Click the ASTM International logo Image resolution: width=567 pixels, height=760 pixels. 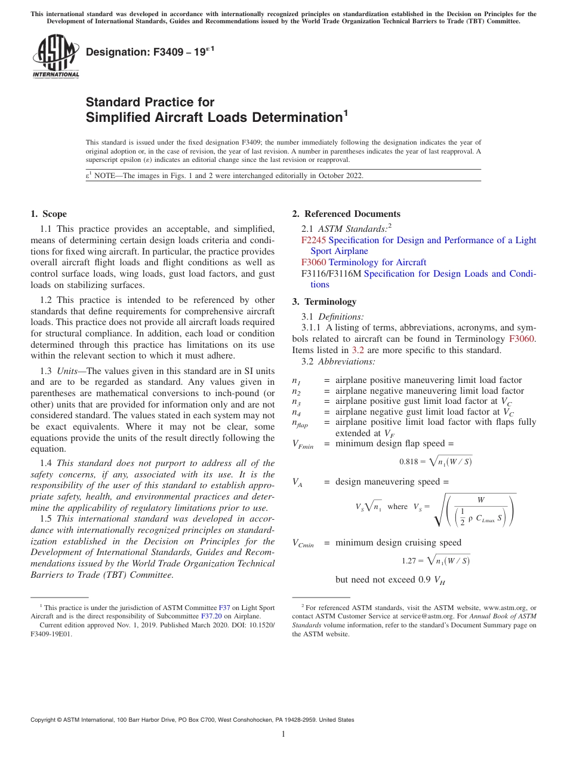56,56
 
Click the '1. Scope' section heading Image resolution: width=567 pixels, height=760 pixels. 48,214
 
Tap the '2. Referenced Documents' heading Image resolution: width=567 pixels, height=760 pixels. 346,214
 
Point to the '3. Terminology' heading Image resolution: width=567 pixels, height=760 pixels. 324,301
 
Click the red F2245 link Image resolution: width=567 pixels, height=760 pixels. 313,240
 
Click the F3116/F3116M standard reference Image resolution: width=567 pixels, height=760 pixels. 331,274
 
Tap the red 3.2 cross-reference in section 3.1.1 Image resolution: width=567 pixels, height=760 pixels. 356,350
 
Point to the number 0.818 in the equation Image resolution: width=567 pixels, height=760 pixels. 408,462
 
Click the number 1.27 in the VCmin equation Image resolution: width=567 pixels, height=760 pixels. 411,561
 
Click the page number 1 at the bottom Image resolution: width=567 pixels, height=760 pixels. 283,734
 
